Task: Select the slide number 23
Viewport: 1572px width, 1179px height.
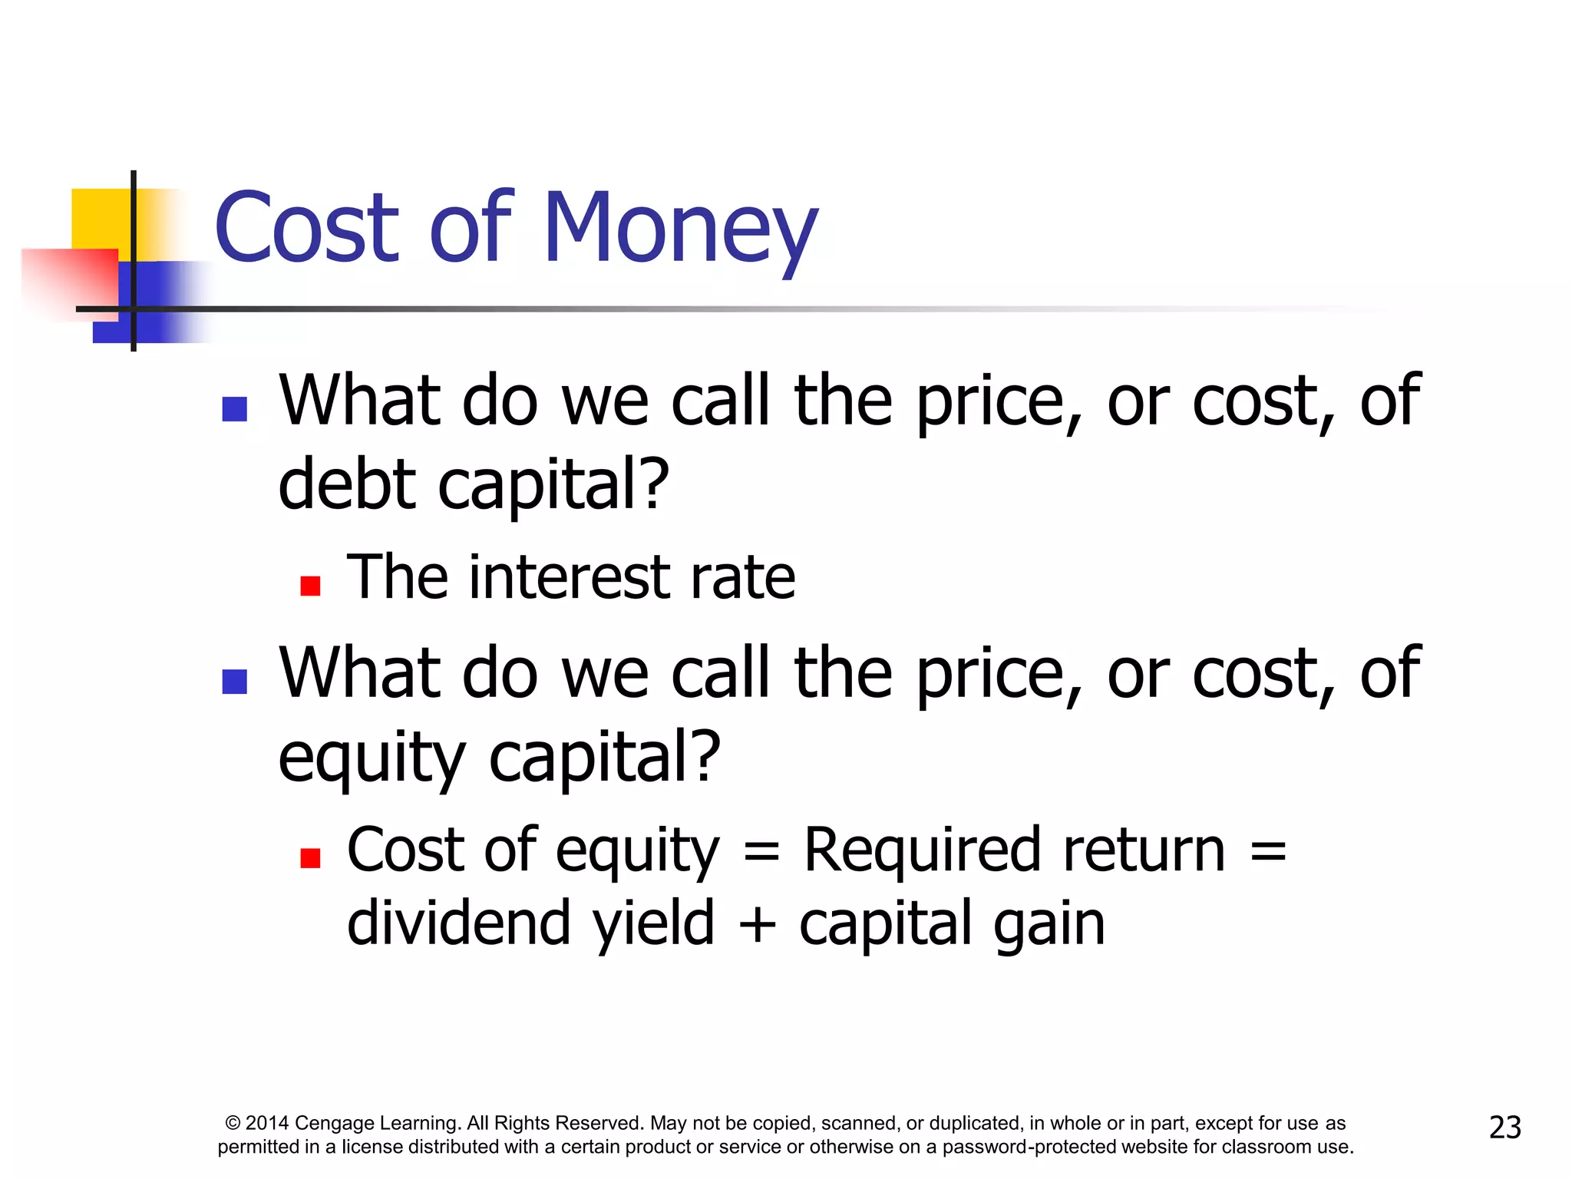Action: click(1504, 1128)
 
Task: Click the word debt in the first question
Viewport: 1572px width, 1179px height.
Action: click(347, 485)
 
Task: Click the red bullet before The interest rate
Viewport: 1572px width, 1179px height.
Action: click(310, 586)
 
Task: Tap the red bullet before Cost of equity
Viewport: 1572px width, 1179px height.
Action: click(310, 858)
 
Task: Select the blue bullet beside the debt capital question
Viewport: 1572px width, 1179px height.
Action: click(234, 409)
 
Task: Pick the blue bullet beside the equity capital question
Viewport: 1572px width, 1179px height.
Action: click(234, 682)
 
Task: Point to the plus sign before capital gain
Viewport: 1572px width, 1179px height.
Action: click(757, 924)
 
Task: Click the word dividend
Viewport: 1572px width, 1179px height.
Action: click(458, 923)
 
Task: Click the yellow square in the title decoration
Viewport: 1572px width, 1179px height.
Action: click(100, 219)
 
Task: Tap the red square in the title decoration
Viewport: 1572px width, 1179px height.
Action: click(69, 280)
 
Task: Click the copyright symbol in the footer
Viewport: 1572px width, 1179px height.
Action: click(233, 1123)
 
